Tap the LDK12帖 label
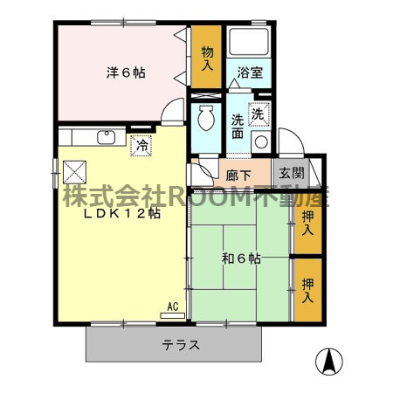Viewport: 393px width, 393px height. click(121, 213)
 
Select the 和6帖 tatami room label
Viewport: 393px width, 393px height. click(240, 259)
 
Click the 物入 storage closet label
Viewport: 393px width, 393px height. click(207, 58)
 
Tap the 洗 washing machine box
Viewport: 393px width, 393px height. click(259, 113)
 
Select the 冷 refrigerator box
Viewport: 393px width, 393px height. click(141, 146)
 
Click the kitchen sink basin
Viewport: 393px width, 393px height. click(107, 137)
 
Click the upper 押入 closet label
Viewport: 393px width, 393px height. click(307, 224)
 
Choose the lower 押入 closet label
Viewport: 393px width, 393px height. click(307, 289)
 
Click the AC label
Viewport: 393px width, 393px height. click(173, 307)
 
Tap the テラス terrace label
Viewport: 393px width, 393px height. click(182, 345)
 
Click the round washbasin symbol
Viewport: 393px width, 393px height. click(260, 142)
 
